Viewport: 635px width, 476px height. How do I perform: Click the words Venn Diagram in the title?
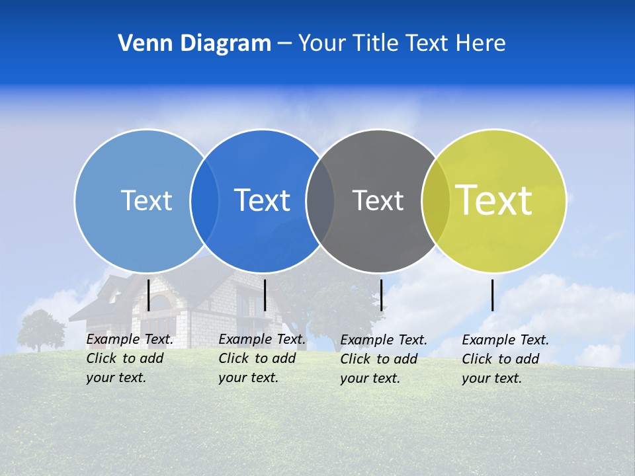click(194, 44)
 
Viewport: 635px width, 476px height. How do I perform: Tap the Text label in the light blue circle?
click(146, 200)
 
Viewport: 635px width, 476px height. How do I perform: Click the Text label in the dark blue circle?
click(263, 200)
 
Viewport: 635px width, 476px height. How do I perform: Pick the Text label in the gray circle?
click(378, 200)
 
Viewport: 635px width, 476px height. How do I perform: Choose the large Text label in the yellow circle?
click(494, 200)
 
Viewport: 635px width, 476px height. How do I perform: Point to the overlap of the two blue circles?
click(204, 201)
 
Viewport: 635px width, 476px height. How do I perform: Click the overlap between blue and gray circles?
click(320, 201)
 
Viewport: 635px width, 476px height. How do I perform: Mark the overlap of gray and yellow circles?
click(436, 201)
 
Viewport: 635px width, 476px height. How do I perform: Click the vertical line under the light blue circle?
click(149, 295)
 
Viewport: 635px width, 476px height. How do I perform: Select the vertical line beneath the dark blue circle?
click(265, 295)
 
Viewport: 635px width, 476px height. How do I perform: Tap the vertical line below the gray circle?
click(381, 295)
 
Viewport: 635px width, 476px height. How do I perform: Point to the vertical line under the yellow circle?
click(493, 295)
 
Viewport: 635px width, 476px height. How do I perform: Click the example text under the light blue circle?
click(130, 358)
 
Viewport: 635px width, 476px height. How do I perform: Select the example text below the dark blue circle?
click(262, 358)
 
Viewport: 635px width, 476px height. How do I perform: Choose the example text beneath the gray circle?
click(384, 359)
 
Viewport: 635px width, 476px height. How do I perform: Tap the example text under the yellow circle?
click(505, 359)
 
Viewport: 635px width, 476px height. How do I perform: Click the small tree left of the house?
click(40, 329)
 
